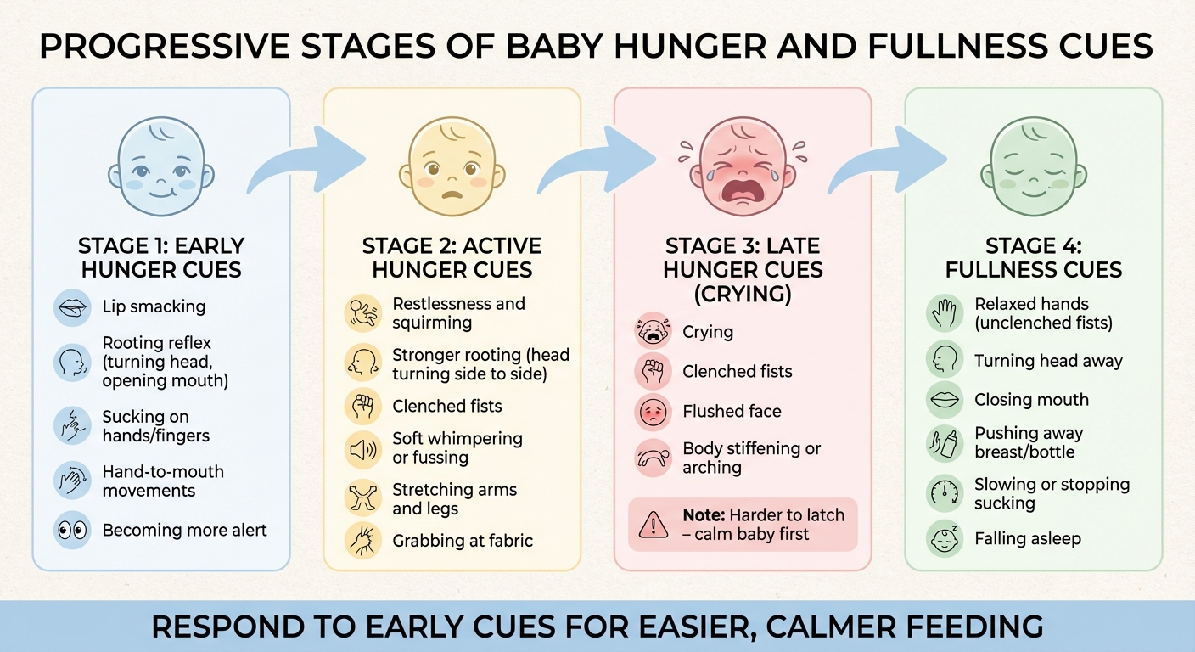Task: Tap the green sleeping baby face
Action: pos(1033,166)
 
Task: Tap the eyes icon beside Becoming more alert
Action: pos(72,531)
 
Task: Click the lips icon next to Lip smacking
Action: pos(72,306)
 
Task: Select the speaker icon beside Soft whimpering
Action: pos(363,449)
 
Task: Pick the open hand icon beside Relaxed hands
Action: pos(945,313)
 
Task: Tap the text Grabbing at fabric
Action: pos(463,541)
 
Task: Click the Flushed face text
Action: pos(732,412)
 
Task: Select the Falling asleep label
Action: pos(1027,539)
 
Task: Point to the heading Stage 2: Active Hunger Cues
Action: pos(452,258)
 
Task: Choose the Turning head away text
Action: pos(1048,361)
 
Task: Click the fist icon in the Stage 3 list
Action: pos(654,372)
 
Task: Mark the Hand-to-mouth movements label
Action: pos(163,481)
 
